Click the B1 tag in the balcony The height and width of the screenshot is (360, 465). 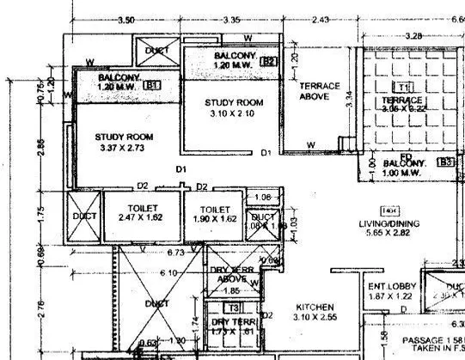point(154,86)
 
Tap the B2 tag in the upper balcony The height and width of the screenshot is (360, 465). point(269,61)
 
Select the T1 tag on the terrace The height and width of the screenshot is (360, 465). point(402,87)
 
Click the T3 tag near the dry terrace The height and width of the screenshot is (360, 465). point(233,308)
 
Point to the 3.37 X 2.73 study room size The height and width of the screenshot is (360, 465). point(125,147)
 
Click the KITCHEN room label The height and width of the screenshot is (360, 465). point(315,307)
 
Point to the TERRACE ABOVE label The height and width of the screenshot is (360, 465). point(320,91)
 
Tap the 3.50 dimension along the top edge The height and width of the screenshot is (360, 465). point(126,19)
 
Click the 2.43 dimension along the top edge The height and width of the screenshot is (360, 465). point(321,19)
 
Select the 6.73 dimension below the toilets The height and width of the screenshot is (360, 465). point(176,253)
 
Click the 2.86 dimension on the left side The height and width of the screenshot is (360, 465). point(40,148)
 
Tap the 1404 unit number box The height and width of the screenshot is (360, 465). point(389,210)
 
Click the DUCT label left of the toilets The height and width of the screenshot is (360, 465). point(84,217)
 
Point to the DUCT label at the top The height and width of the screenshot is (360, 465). point(158,51)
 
